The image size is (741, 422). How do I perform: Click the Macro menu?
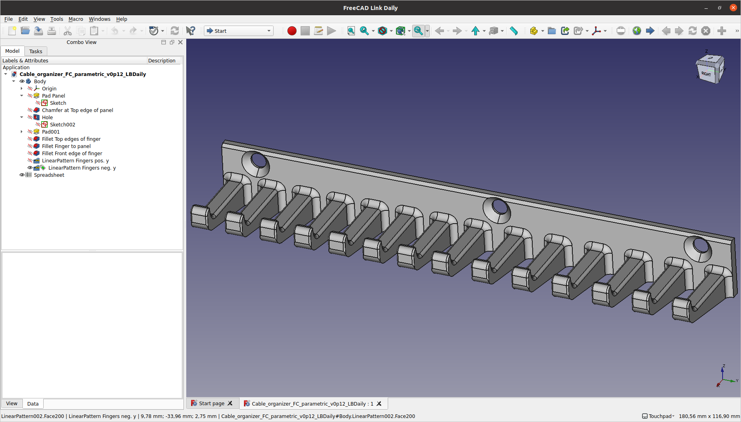point(76,19)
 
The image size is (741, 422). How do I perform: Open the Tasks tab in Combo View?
point(36,51)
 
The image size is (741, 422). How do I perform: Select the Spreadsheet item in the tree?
point(49,175)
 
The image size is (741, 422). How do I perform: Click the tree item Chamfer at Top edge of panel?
point(77,110)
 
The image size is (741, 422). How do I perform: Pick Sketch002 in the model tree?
point(62,124)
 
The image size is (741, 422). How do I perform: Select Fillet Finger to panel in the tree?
point(66,146)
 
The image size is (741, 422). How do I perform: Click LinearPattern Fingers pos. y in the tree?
point(75,160)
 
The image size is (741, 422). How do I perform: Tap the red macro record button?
point(292,31)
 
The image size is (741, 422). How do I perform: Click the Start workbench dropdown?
point(239,31)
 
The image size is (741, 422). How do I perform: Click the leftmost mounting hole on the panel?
point(258,161)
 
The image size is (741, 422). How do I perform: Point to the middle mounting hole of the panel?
point(499,207)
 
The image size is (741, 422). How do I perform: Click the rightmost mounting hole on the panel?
point(701,245)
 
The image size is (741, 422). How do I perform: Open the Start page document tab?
point(211,404)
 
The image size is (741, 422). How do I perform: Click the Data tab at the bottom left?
point(33,404)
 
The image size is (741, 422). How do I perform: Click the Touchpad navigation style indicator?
point(658,416)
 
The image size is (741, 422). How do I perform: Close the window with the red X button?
point(733,8)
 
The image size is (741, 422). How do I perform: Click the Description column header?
point(162,60)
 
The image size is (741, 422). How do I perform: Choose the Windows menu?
point(99,19)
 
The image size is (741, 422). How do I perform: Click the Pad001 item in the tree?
point(51,132)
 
